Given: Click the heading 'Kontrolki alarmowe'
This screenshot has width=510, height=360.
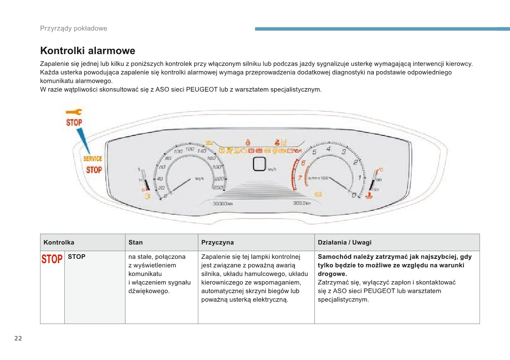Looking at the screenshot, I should click(x=87, y=51).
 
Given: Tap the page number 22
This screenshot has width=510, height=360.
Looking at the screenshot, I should click(x=18, y=339).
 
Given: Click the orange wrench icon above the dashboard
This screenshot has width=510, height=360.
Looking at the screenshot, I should click(x=74, y=112).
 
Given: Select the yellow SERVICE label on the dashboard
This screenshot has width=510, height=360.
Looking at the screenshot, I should click(x=92, y=159).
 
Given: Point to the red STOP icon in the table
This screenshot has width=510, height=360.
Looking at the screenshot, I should click(x=52, y=259).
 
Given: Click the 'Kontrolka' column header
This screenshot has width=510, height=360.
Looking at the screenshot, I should click(x=59, y=243).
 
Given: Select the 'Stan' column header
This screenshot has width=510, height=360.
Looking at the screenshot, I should click(x=135, y=243).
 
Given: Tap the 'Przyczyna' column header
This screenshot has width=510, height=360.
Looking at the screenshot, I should click(x=218, y=243).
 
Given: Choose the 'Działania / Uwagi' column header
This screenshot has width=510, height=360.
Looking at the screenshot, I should click(x=344, y=243).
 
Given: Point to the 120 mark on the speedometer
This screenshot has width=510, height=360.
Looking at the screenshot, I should click(x=189, y=149).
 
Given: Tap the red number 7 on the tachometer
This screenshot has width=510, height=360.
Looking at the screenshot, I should click(x=300, y=177).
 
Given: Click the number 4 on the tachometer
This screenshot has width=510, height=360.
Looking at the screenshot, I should click(x=328, y=149).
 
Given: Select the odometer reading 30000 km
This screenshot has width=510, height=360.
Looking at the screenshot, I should click(x=223, y=204).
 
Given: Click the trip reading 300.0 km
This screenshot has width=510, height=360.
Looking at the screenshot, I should click(x=301, y=203).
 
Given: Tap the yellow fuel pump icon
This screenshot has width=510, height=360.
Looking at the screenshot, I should click(x=147, y=196).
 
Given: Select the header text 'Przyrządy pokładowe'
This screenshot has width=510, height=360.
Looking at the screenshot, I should click(x=73, y=28).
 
